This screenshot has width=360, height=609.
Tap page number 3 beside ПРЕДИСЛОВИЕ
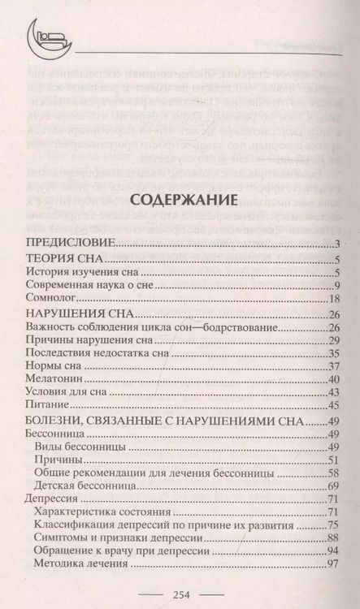335,244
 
